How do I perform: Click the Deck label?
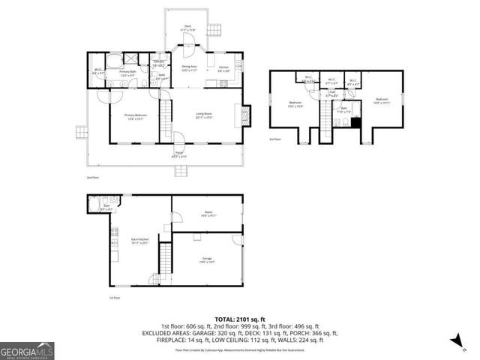point(188,28)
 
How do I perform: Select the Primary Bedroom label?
point(136,116)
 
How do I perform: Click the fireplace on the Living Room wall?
point(245,115)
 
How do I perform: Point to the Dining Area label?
point(190,68)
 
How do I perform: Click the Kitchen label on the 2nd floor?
point(223,69)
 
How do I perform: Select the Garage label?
point(206,259)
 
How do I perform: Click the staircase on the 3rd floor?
point(325,117)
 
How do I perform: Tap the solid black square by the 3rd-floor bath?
point(356,124)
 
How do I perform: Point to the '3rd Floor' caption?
point(276,139)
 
